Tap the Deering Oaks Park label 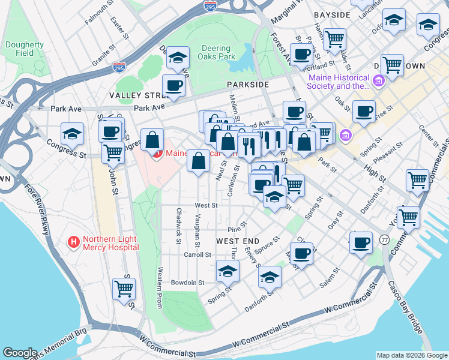tap(212, 53)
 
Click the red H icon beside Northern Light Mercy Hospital tap(74, 242)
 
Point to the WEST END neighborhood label tap(237, 241)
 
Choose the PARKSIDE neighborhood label tap(247, 85)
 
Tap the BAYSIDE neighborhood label tap(331, 14)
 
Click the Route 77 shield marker tap(384, 239)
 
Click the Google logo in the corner tap(20, 353)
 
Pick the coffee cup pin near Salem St tap(302, 252)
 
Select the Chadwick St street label tap(179, 226)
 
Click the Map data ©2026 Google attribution tap(411, 355)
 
